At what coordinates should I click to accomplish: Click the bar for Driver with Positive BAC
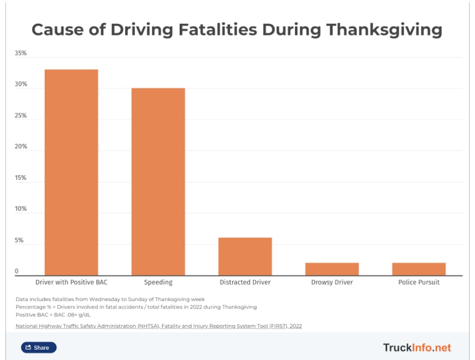coord(71,172)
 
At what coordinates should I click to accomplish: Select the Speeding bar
coord(158,182)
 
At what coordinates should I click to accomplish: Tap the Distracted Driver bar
coord(245,256)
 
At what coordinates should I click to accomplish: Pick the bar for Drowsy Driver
coord(332,269)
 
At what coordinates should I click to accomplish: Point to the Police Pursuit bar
coord(419,269)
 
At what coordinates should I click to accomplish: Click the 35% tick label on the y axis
coord(21,53)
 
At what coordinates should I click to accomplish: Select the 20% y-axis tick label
coord(21,147)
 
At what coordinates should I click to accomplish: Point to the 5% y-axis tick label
coord(19,240)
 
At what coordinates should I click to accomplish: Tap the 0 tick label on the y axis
coord(16,271)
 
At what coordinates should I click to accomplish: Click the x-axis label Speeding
coord(158,282)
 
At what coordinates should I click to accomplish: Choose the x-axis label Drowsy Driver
coord(332,282)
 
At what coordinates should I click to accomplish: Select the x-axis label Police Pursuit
coord(419,282)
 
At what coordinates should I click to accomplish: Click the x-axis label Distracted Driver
coord(245,282)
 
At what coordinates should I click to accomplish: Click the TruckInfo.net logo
coord(417,347)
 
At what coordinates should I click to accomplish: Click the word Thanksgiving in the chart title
coord(384,30)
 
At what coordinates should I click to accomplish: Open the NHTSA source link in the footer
coord(158,326)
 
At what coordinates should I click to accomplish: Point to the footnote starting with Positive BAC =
coord(53,314)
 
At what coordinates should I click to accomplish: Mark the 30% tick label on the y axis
coord(21,84)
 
